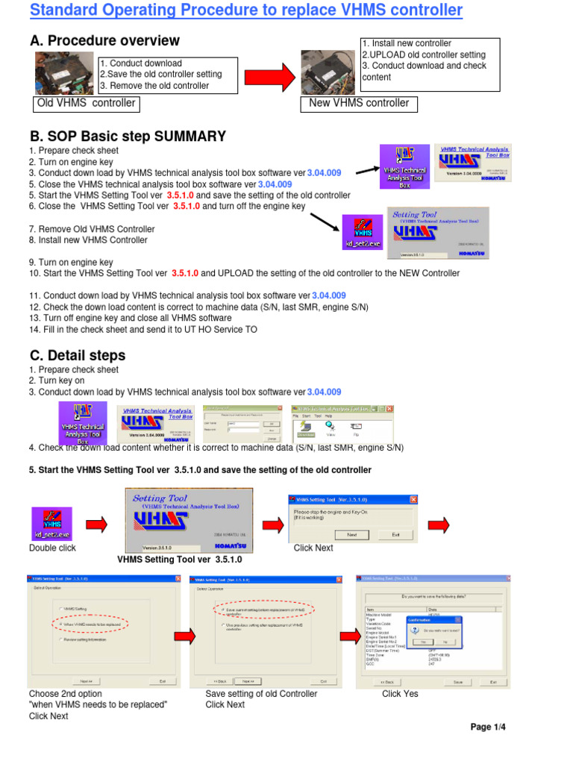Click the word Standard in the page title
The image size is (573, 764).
point(66,11)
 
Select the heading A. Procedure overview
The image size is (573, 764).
point(104,40)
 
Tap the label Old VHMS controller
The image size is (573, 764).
point(87,103)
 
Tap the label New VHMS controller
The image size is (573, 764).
point(359,103)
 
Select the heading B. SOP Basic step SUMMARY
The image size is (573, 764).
point(128,137)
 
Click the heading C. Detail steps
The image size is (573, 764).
point(78,355)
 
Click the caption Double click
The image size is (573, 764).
point(52,548)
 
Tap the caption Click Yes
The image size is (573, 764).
point(400,693)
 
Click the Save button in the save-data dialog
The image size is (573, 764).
point(458,681)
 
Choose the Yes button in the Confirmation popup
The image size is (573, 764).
point(423,641)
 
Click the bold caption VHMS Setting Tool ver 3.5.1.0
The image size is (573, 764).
point(180,560)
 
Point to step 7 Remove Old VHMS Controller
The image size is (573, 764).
point(92,229)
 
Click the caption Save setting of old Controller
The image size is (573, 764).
point(261,693)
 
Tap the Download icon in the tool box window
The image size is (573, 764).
point(304,427)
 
